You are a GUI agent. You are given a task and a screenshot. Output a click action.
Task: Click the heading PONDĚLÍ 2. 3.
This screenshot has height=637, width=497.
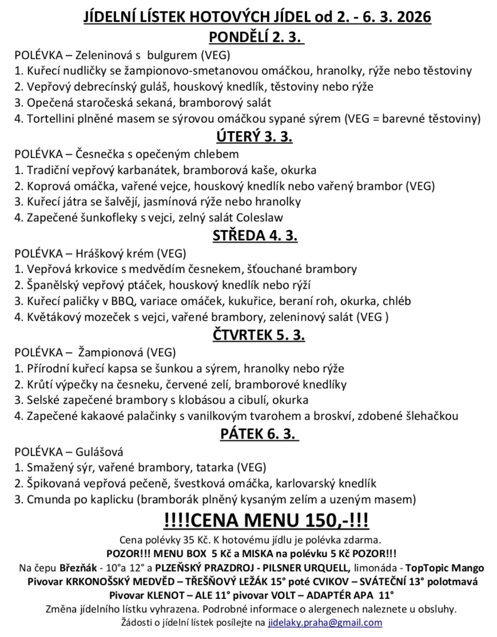tap(256, 37)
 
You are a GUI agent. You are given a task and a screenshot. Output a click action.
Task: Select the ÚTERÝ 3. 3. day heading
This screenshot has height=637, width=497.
tap(254, 136)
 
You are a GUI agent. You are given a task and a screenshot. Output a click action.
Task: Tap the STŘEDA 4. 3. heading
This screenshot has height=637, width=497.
tap(255, 235)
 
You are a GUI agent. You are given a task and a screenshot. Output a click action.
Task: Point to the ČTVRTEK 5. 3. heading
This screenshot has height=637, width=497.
tap(258, 335)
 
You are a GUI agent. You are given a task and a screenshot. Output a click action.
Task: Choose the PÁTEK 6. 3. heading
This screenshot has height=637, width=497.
tap(259, 434)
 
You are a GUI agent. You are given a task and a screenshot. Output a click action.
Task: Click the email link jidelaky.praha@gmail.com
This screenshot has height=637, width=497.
tap(325, 622)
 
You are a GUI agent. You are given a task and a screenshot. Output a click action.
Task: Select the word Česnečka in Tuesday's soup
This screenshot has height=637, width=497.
tap(97, 154)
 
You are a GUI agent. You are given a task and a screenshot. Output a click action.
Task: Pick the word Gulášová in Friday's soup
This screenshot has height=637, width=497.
tap(99, 452)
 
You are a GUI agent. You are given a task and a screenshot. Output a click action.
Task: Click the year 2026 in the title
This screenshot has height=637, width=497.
tap(413, 17)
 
